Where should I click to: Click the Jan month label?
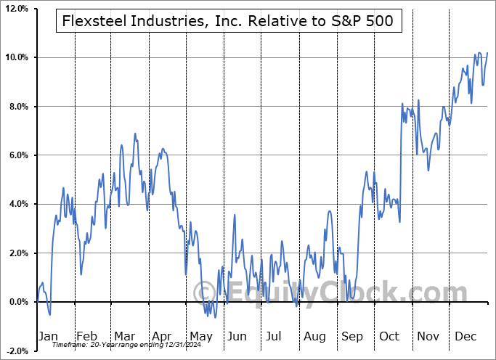tap(48, 337)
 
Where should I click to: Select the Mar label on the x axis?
tap(125, 337)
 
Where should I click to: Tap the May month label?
tap(200, 337)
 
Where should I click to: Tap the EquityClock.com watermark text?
tap(320, 293)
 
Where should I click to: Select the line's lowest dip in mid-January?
tap(49, 314)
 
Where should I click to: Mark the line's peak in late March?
tap(135, 134)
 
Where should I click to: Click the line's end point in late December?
tap(487, 53)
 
